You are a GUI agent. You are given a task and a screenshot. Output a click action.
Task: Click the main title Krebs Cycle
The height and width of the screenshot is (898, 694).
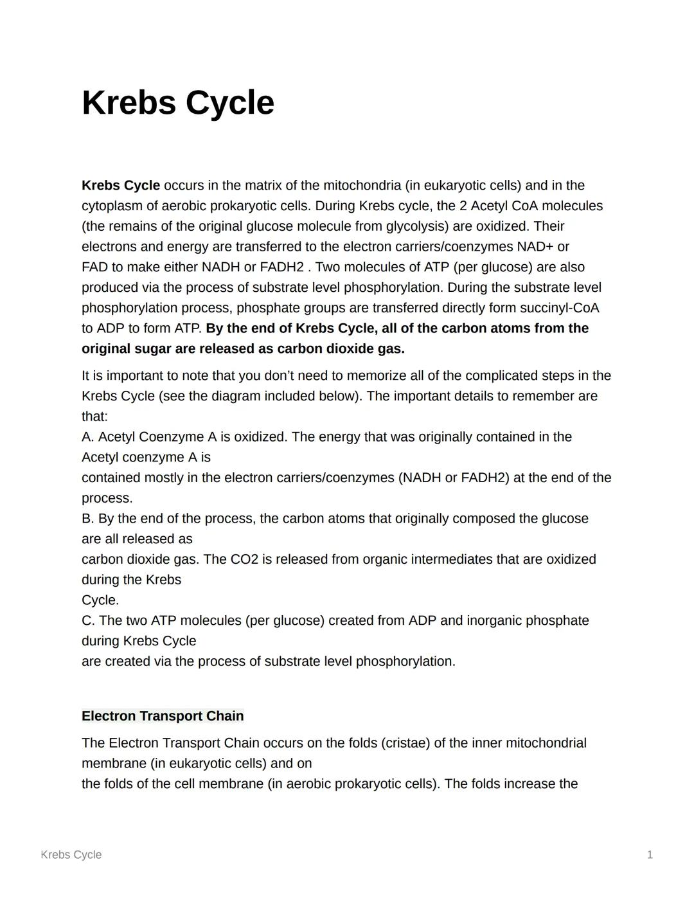point(178,103)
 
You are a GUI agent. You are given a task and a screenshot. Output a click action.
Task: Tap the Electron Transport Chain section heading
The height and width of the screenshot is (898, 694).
point(163,716)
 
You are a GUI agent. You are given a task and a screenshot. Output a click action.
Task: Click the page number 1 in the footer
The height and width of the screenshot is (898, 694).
point(650,854)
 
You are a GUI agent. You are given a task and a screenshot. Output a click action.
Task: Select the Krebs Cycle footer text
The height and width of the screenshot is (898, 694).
point(71,854)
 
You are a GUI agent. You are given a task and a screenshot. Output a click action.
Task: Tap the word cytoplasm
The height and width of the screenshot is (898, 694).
point(112,206)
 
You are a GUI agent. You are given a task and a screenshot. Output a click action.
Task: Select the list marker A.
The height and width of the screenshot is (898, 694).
point(87,437)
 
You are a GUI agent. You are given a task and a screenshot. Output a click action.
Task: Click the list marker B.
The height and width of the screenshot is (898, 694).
point(87,519)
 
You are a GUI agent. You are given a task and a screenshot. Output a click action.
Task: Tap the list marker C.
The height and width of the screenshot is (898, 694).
point(87,621)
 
